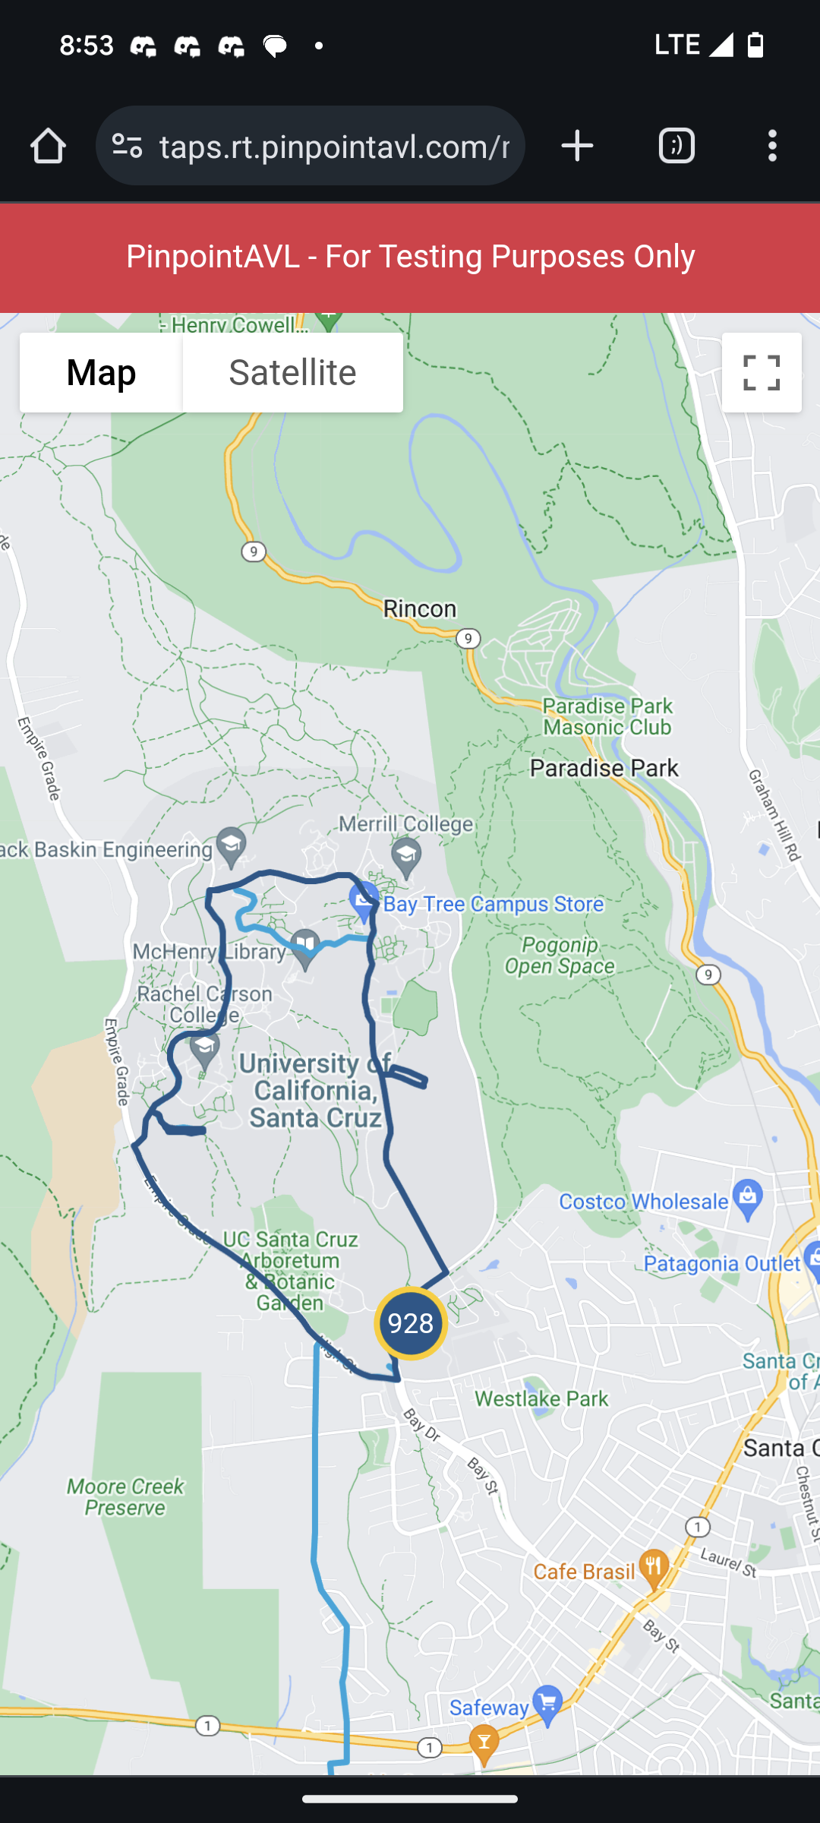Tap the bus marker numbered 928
point(411,1324)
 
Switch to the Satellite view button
point(292,373)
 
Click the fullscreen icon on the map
point(762,373)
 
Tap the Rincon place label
point(419,609)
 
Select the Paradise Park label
point(604,769)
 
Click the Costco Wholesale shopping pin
point(748,1198)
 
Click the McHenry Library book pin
point(305,946)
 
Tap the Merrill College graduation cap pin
point(406,855)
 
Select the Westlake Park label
point(541,1398)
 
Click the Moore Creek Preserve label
point(125,1497)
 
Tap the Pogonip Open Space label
point(560,956)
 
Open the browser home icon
point(49,146)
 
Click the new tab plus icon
point(577,146)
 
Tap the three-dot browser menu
point(772,146)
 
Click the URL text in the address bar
point(334,146)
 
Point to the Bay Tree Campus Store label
point(494,905)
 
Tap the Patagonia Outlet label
point(722,1264)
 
